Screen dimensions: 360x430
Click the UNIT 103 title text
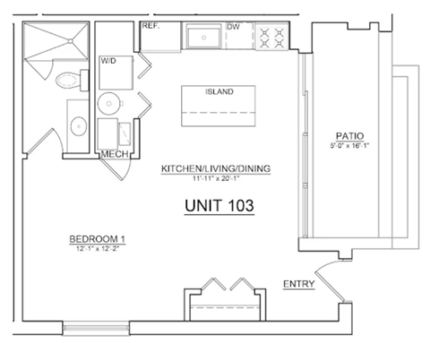point(219,206)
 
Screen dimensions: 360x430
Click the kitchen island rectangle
point(220,103)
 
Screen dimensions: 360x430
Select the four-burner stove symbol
point(271,37)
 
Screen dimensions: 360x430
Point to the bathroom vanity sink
point(76,125)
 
